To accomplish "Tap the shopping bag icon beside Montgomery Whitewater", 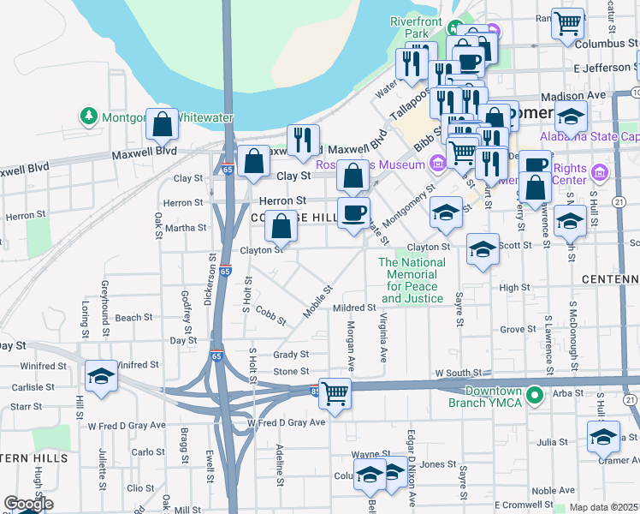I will click(162, 125).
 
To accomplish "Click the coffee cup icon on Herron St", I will click(353, 212).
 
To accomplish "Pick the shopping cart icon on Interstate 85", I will click(335, 394).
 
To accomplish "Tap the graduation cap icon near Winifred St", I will click(101, 376).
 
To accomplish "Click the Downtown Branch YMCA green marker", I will click(535, 395).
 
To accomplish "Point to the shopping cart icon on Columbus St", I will click(567, 25).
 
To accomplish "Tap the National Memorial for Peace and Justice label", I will click(412, 280).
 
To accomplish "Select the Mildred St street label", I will click(354, 308).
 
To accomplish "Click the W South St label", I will click(455, 374).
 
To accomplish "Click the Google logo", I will click(28, 504).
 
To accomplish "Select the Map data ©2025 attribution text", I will click(603, 507).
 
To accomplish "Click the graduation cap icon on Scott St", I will click(483, 249).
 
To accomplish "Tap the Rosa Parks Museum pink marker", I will click(438, 162).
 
